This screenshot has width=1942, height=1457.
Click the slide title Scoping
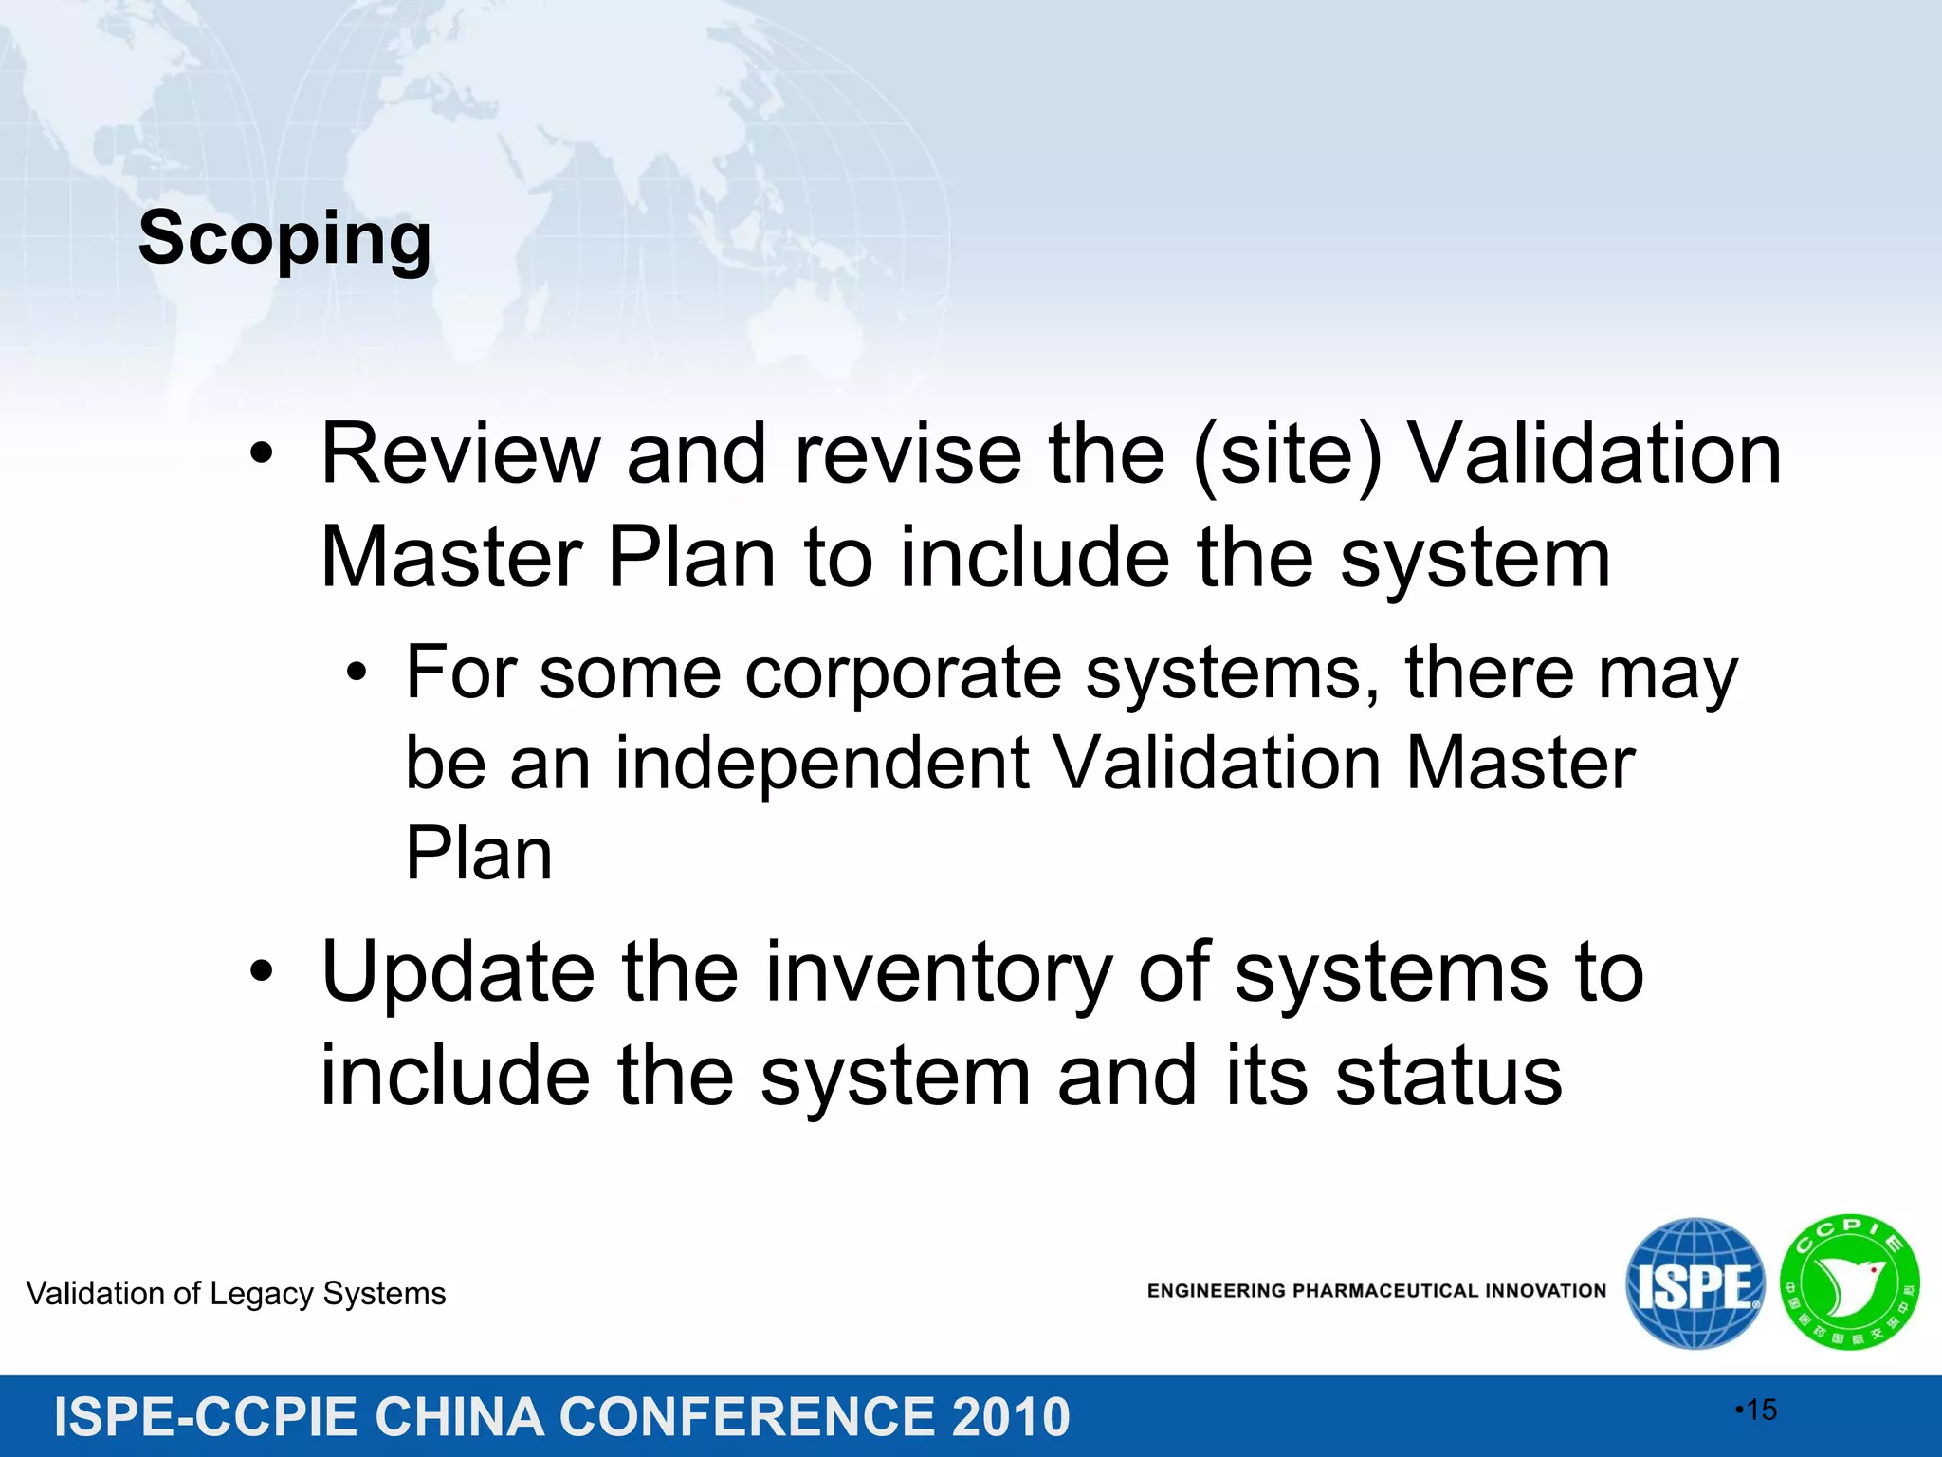coord(284,238)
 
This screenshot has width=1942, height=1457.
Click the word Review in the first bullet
coord(461,454)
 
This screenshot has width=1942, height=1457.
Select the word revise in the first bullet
coord(908,454)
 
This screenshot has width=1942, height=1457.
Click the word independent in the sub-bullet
coord(822,763)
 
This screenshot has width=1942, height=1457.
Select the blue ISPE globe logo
coord(1695,1283)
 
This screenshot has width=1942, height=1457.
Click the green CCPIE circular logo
coord(1849,1282)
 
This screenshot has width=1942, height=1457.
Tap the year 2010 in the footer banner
coord(1011,1417)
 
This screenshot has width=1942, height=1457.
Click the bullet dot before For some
coord(356,673)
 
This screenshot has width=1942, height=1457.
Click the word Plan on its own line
coord(479,854)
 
